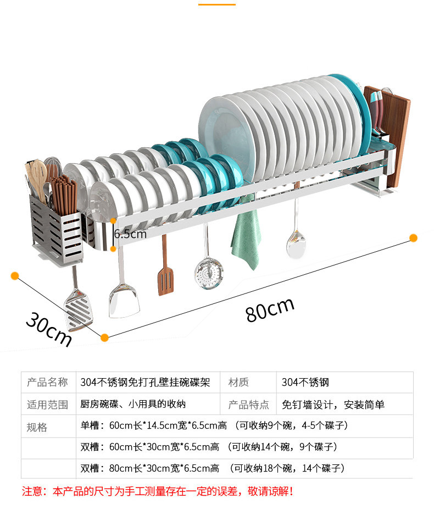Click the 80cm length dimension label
pyautogui.click(x=270, y=309)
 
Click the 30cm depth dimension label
pyautogui.click(x=49, y=329)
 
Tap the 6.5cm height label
pyautogui.click(x=131, y=234)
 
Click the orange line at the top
pyautogui.click(x=216, y=4)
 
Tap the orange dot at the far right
pyautogui.click(x=413, y=237)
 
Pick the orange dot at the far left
pyautogui.click(x=15, y=275)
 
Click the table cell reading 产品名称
pyautogui.click(x=48, y=382)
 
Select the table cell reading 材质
pyautogui.click(x=238, y=382)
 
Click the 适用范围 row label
pyautogui.click(x=48, y=404)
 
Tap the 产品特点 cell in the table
pyautogui.click(x=248, y=404)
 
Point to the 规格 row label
pyautogui.click(x=37, y=427)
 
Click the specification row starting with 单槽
pyautogui.click(x=214, y=425)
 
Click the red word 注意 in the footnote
pyautogui.click(x=32, y=491)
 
